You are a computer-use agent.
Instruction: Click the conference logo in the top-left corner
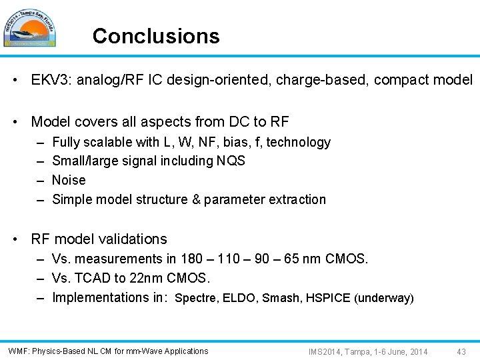pyautogui.click(x=29, y=28)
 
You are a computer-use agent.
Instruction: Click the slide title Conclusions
pyautogui.click(x=156, y=36)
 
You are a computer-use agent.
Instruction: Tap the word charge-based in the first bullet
pyautogui.click(x=322, y=80)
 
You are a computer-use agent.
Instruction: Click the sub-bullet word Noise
pyautogui.click(x=69, y=180)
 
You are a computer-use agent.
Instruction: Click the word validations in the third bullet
pyautogui.click(x=134, y=239)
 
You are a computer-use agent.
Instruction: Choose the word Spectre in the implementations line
pyautogui.click(x=193, y=299)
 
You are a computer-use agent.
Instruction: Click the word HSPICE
pyautogui.click(x=328, y=299)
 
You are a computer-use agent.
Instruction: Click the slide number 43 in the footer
pyautogui.click(x=461, y=351)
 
